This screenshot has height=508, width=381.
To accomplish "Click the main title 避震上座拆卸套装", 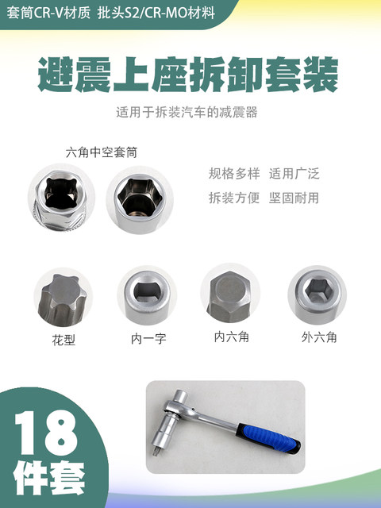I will [189, 76].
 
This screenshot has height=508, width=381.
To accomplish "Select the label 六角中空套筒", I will [101, 152].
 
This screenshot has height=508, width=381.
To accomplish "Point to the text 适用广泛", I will [294, 174].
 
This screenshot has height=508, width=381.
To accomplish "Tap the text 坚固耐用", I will [294, 198].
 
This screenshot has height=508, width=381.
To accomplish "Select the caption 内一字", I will [148, 340].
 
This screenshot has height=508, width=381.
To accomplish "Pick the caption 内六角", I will [232, 337].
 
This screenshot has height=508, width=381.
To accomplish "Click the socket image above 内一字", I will [146, 296].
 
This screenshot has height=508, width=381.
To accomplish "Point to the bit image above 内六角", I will [232, 294].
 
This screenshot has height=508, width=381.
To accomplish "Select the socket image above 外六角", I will [317, 294].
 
